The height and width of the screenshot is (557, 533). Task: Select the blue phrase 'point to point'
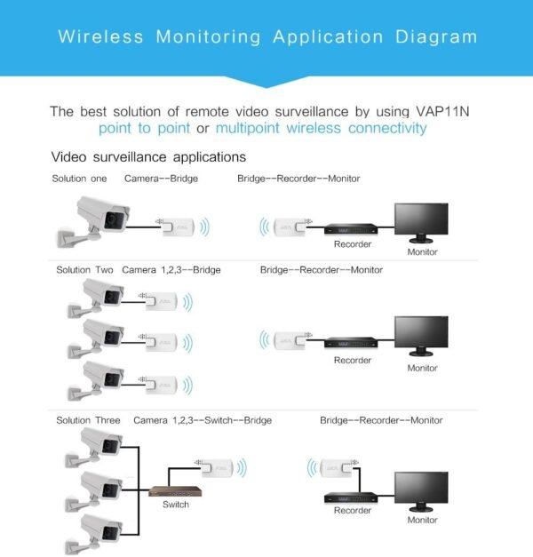tap(144, 129)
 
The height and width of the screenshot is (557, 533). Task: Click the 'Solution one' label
tap(82, 179)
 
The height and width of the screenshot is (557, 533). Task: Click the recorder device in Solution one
tap(352, 228)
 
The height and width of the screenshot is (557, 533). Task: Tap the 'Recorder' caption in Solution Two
tap(352, 361)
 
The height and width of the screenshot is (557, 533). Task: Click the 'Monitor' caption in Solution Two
tap(422, 369)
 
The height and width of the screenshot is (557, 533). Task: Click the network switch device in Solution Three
tap(175, 491)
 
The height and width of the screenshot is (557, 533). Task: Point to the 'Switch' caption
tap(175, 505)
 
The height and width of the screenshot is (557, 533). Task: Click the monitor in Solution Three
tap(422, 486)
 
